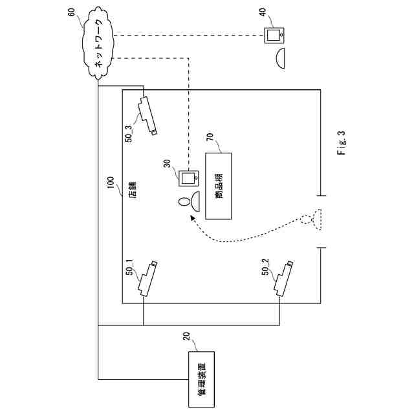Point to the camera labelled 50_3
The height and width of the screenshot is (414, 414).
pyautogui.click(x=147, y=114)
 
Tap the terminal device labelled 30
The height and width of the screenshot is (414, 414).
pyautogui.click(x=190, y=177)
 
